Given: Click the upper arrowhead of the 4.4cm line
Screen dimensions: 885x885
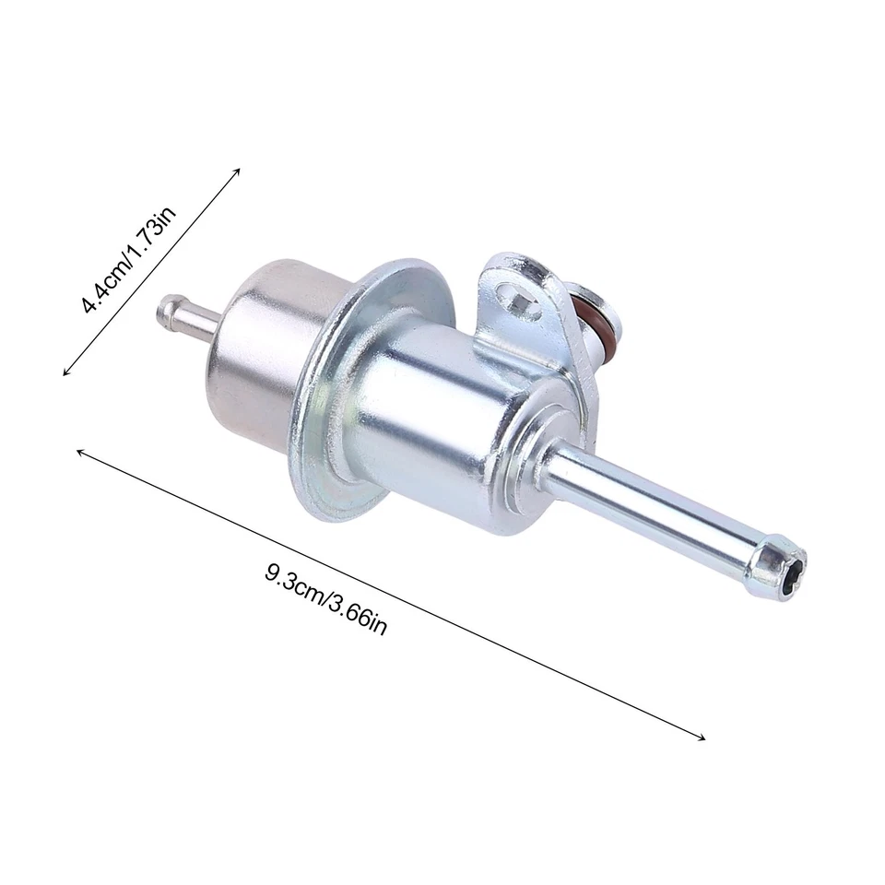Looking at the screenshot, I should pos(238,170).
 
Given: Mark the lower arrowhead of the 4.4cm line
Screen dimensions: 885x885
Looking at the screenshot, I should pos(65,372).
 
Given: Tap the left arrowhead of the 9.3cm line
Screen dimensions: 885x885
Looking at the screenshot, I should pos(79,452).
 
